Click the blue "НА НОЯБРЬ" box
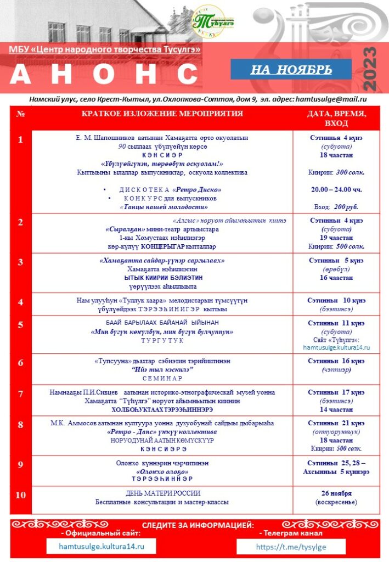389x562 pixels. point(291,70)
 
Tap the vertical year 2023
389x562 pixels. point(370,69)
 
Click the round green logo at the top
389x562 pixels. point(208,21)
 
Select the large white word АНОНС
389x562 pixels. point(104,74)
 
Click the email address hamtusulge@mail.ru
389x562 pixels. point(331,99)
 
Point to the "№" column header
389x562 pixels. point(21,114)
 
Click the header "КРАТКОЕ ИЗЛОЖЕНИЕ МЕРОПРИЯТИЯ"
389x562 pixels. point(162,114)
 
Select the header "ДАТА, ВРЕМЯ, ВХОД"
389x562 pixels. point(336,118)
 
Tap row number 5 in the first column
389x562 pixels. point(21,324)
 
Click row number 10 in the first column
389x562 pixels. point(21,495)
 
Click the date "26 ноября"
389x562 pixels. point(336,493)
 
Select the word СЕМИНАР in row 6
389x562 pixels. point(162,378)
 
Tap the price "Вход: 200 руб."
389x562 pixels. point(336,207)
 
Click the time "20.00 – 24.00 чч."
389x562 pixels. point(336,189)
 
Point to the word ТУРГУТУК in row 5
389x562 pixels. point(162,341)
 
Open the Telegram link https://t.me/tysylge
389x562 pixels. point(291,547)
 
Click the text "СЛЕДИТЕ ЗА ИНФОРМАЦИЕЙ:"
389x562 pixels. point(198,525)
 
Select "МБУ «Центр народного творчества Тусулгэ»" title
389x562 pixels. point(105,49)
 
